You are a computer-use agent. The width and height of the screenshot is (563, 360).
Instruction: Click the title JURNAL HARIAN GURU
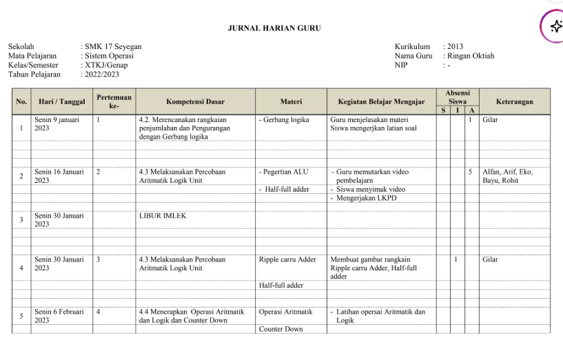pos(274,28)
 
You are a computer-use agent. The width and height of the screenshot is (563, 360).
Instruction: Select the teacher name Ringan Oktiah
pos(471,56)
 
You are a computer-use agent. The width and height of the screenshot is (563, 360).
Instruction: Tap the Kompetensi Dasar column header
pos(195,101)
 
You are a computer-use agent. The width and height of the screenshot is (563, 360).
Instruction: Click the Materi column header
pos(291,101)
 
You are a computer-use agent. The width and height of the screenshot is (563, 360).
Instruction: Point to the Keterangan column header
pos(514,101)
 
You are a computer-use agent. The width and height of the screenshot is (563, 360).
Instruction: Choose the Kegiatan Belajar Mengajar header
pos(381,101)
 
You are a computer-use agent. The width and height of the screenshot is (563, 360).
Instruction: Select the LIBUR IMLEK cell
pos(163,215)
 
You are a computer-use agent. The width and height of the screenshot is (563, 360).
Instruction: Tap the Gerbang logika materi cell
pos(285,119)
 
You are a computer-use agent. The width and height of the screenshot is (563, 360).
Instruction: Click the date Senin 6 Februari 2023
pos(59,316)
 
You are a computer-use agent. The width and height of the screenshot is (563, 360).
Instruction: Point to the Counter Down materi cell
pos(280,329)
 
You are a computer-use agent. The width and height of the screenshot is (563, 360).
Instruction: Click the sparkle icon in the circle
pos(556,26)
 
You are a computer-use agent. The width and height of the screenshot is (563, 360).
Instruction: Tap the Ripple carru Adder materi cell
pos(287,260)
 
